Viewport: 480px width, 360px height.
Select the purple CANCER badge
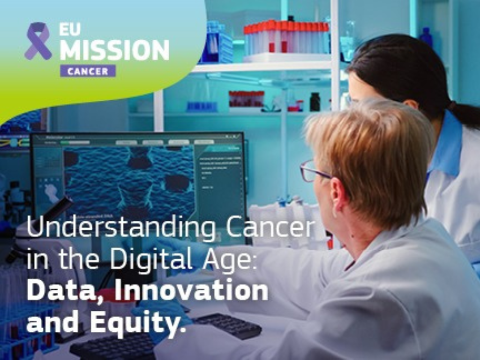88,71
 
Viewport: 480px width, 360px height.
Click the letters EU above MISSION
68,30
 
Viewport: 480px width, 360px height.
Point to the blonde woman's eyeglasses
312,172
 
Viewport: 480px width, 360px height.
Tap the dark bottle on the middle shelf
315,102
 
